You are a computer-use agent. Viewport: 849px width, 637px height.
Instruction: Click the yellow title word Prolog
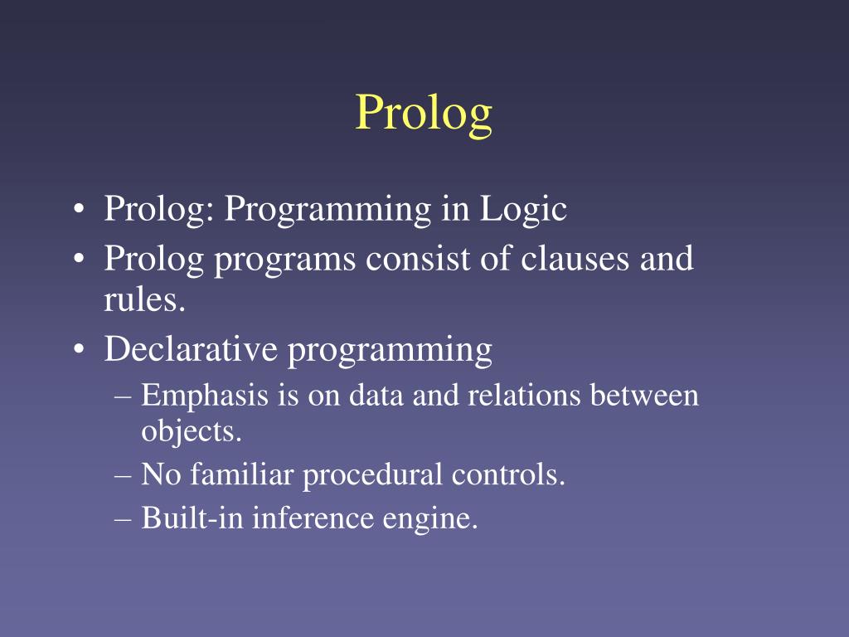(x=424, y=114)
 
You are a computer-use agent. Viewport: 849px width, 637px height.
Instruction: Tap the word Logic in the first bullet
(x=523, y=208)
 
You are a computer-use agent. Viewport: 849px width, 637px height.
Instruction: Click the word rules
(x=143, y=300)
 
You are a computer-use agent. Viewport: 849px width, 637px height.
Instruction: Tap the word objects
(x=191, y=431)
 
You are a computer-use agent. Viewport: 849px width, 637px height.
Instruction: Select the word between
(x=645, y=395)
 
